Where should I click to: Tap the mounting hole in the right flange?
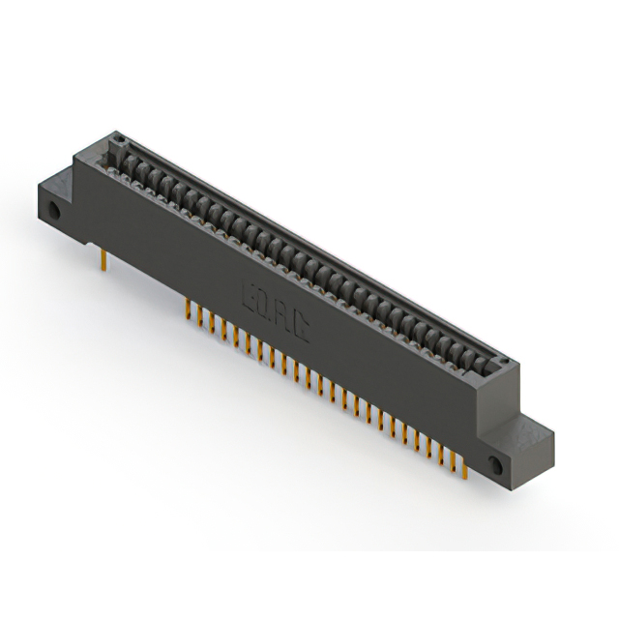click(496, 465)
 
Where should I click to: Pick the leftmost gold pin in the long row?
click(187, 309)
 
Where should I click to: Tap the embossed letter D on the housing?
click(265, 305)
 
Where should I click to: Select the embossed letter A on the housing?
click(282, 315)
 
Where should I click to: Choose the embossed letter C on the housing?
click(301, 327)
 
